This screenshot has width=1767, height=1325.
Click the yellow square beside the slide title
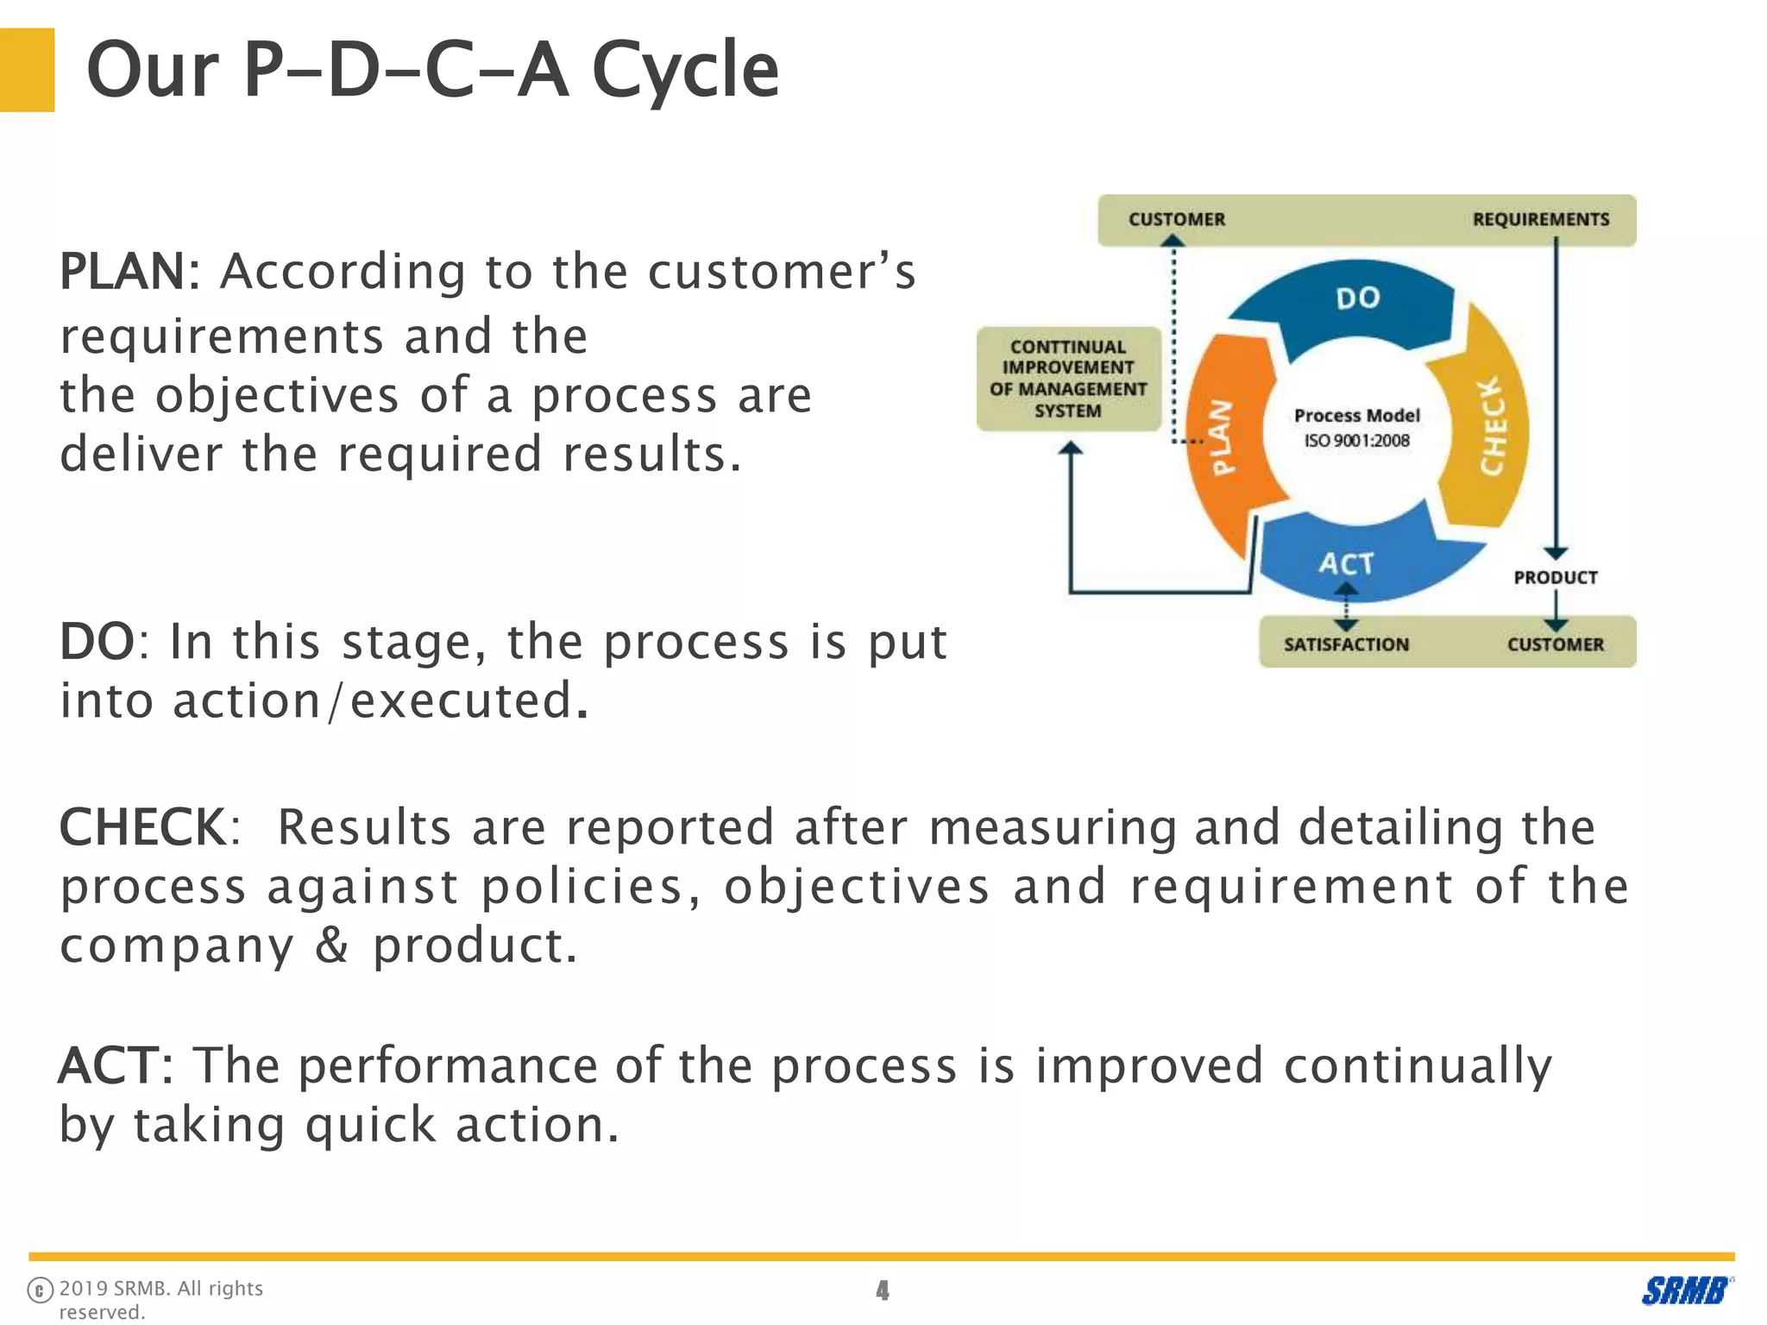(27, 70)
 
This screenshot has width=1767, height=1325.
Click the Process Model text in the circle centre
(1356, 416)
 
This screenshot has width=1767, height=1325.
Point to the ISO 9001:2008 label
(1356, 441)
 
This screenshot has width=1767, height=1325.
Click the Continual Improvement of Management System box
(1068, 379)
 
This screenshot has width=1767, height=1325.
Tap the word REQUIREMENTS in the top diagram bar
(1540, 220)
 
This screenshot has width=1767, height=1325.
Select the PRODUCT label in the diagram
(1555, 577)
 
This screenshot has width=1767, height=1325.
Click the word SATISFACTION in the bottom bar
(1346, 644)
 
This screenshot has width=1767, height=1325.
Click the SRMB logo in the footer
(1685, 1290)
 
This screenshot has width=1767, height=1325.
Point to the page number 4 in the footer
(882, 1290)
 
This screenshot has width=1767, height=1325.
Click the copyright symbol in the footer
(40, 1290)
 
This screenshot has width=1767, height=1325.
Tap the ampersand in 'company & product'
(332, 945)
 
